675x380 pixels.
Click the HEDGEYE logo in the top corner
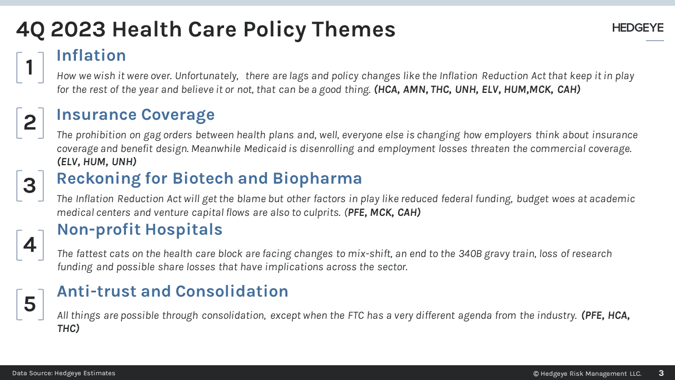(x=638, y=28)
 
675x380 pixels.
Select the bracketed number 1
(x=30, y=68)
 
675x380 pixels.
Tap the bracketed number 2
(x=30, y=123)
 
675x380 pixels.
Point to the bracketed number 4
(x=30, y=245)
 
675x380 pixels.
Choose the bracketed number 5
(x=30, y=305)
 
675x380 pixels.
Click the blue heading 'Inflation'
(x=91, y=55)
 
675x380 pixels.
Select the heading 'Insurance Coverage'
(x=136, y=115)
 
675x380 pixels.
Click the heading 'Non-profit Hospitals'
(x=140, y=230)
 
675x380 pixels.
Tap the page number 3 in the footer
(x=661, y=373)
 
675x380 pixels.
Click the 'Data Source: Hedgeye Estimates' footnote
(x=64, y=373)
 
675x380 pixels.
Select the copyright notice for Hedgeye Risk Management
(x=587, y=374)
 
